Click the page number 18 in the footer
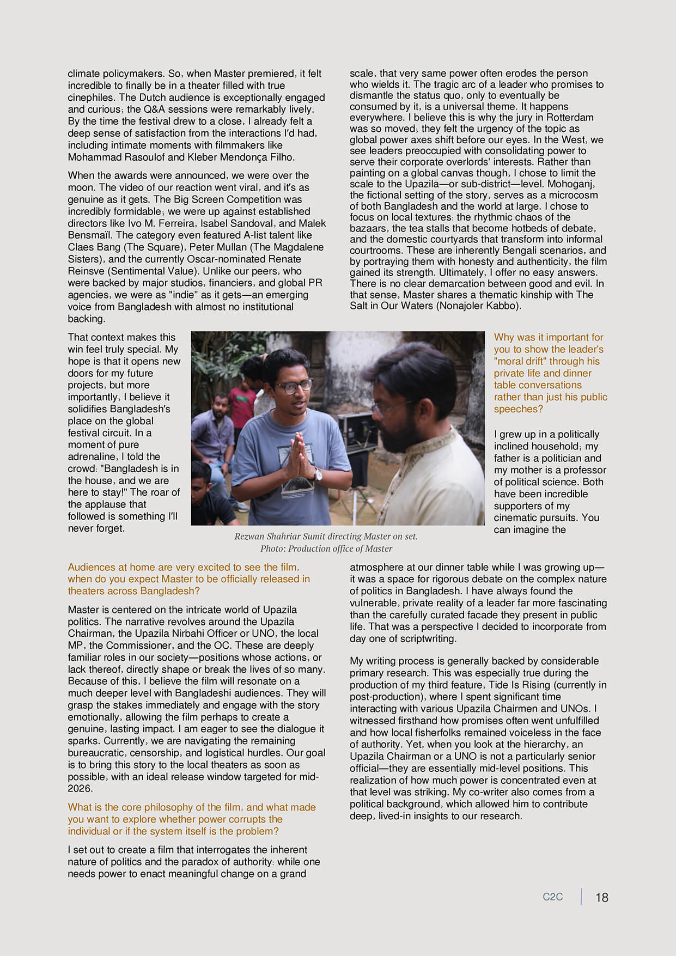pos(601,898)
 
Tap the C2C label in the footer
pos(552,897)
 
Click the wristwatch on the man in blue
pos(318,476)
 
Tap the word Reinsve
pos(87,271)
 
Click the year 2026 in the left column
pos(80,789)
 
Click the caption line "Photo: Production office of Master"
pos(326,549)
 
